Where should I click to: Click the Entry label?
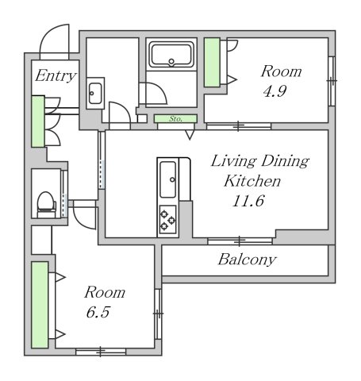56,76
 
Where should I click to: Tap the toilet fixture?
46,204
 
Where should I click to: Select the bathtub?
171,55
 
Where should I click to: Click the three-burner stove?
167,220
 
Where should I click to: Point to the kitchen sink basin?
168,179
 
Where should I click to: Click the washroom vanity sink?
95,93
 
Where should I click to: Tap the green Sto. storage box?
175,119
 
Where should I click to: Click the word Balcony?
247,260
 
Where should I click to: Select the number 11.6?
248,201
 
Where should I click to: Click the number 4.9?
275,91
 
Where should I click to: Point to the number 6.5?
98,312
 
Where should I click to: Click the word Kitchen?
252,181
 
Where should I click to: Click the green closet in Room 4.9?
212,63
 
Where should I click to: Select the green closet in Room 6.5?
40,305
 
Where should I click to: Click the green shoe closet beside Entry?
38,121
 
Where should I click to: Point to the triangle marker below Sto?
190,135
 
